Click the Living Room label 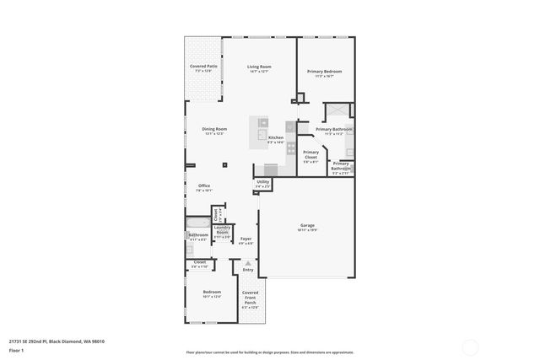(x=258, y=67)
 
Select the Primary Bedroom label (x=324, y=72)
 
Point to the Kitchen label (x=276, y=137)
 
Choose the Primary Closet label (x=310, y=153)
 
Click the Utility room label (x=263, y=182)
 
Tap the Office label (x=203, y=186)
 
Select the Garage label (x=307, y=225)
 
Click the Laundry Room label (x=222, y=228)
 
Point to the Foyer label (x=246, y=239)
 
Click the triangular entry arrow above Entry (x=247, y=264)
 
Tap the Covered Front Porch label (x=251, y=298)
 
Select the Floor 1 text (x=17, y=350)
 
